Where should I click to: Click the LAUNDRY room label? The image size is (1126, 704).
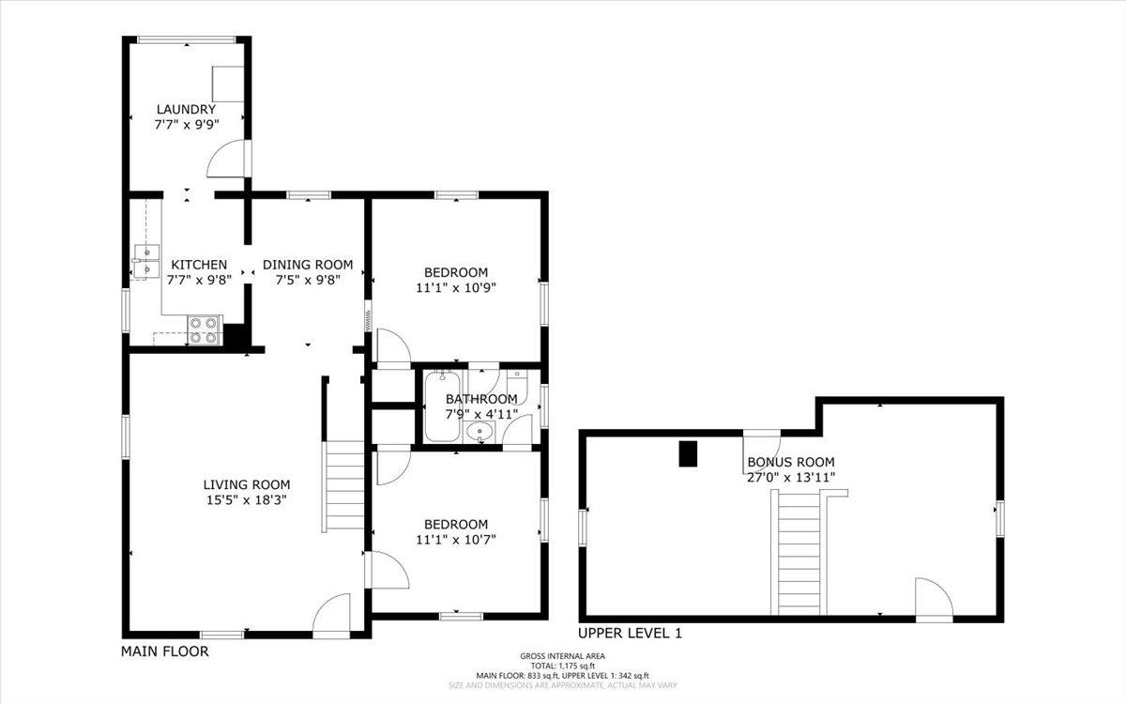coord(186,109)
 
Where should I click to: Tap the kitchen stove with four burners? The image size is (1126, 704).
coord(205,330)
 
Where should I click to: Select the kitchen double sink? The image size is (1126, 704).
coord(146,263)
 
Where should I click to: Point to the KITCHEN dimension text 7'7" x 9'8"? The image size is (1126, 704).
coord(199,280)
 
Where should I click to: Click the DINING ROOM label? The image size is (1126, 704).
coord(308,265)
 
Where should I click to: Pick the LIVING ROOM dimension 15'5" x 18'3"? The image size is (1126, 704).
coord(246,500)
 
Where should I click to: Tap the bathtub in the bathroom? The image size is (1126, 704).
coord(442,406)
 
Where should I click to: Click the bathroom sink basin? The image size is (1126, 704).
coord(479,432)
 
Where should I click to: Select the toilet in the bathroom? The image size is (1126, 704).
coord(517,387)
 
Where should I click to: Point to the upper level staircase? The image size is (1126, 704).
coord(799,554)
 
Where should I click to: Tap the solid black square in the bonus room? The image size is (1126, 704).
coord(688,453)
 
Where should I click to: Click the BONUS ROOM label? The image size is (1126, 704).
coord(791,462)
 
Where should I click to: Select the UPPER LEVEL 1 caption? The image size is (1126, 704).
coord(630,633)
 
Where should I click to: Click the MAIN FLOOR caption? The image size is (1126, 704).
coord(165,651)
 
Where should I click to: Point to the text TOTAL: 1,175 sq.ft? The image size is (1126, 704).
coord(562,666)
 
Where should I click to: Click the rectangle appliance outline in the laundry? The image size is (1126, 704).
coord(228,84)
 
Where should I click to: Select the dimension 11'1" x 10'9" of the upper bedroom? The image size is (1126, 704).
coord(456,288)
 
